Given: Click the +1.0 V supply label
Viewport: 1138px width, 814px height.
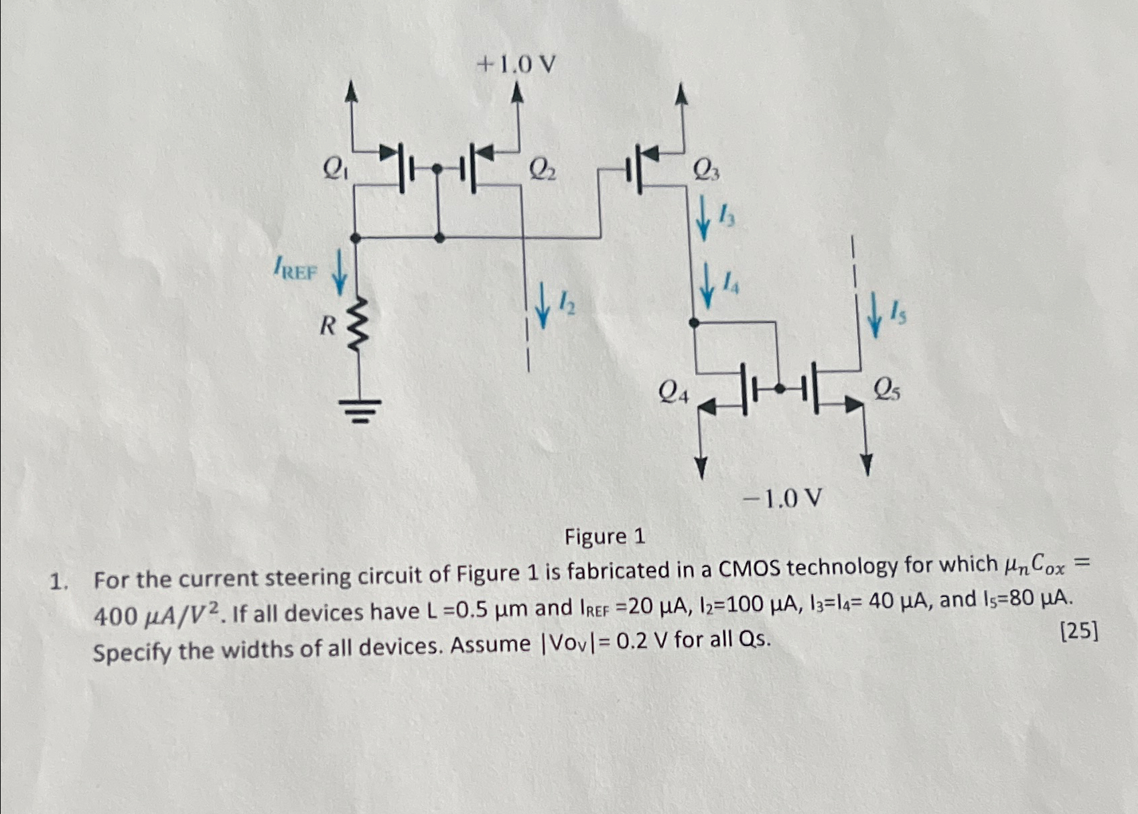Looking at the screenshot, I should [x=516, y=65].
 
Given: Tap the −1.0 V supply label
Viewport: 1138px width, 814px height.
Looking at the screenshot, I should [x=782, y=498].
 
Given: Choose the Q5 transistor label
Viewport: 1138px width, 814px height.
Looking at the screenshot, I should [x=886, y=389].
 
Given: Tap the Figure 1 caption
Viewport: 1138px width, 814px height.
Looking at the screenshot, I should [x=605, y=537].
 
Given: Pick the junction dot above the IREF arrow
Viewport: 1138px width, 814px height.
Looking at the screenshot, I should [x=356, y=238].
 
